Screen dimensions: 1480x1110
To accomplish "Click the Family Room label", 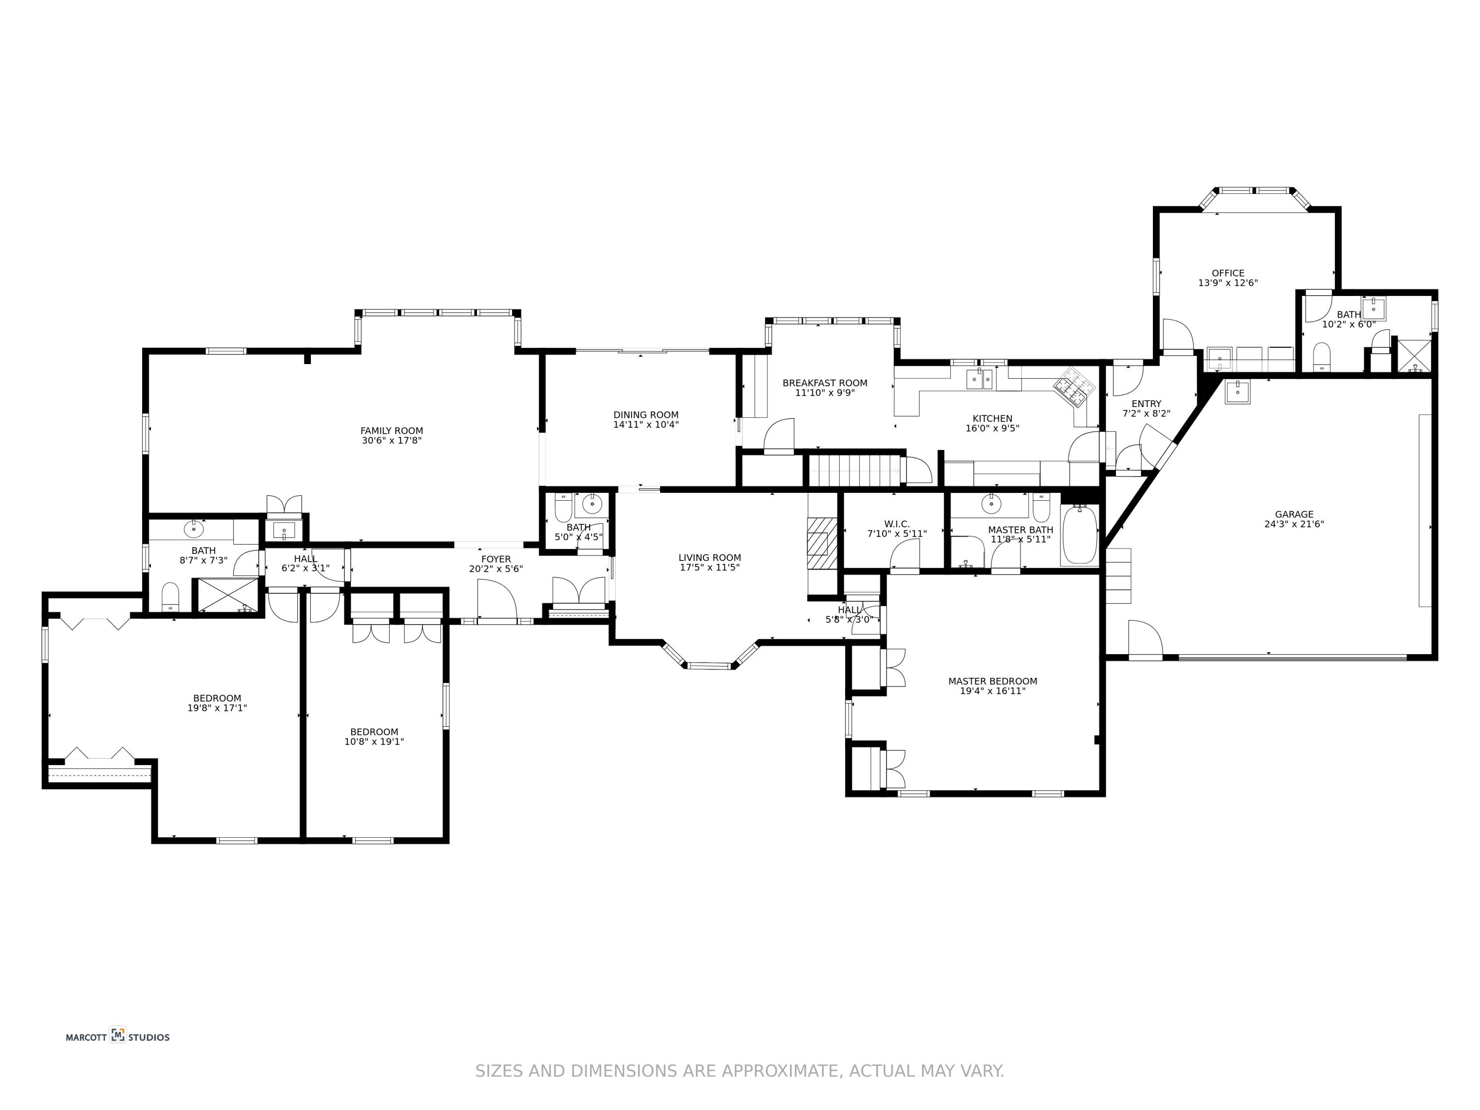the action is tap(391, 431).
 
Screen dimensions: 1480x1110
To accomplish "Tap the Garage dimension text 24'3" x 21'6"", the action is tap(1294, 524).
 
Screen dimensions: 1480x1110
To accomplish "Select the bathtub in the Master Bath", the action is tap(1079, 535).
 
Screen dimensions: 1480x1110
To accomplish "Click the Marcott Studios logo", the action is tap(118, 1037).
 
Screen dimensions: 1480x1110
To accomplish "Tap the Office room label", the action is tap(1228, 273).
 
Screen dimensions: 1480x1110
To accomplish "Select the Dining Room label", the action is tap(646, 415).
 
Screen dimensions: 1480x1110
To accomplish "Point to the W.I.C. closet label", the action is tap(896, 524).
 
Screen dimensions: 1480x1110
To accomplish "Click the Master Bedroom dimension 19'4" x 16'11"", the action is tap(992, 691).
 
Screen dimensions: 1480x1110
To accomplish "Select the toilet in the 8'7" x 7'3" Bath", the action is tap(171, 597).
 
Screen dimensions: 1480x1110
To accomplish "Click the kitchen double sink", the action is tap(980, 379).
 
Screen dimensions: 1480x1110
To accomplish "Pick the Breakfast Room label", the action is tap(825, 383).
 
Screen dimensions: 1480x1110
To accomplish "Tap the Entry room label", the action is tap(1146, 404).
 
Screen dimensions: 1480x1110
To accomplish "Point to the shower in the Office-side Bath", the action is tap(1414, 356).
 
